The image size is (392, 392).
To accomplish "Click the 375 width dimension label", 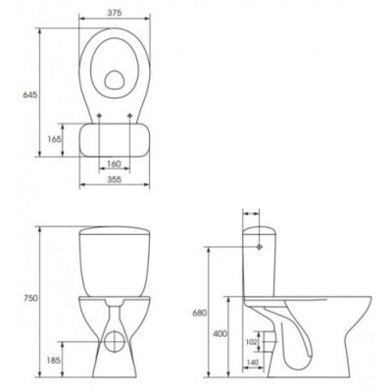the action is (115, 13).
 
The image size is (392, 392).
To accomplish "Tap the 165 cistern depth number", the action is (54, 139).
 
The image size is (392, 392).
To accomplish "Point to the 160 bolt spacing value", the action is (114, 164).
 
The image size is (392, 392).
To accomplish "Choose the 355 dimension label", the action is (115, 179).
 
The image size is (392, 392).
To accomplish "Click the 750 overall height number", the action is (30, 298).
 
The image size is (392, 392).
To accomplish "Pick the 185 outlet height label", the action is (54, 361).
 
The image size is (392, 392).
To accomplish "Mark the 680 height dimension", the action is (199, 313).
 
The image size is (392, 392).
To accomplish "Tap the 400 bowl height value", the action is (220, 334).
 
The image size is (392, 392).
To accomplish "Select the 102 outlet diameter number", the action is (252, 341).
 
